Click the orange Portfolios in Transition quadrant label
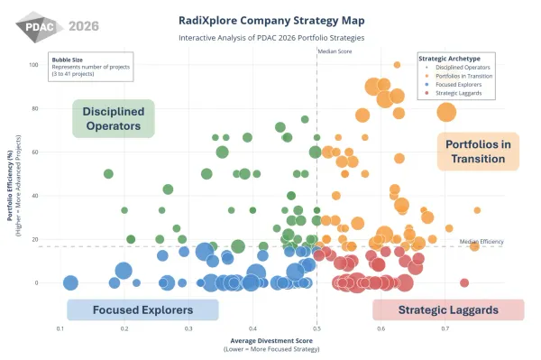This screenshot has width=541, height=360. pos(480,152)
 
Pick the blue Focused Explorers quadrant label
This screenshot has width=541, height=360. pos(142,309)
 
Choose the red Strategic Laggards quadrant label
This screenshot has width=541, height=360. pos(448,309)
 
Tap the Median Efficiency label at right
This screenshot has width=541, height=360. pos(480,241)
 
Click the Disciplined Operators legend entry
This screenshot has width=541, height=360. pos(463,68)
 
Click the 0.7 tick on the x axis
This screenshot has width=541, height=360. pos(445,330)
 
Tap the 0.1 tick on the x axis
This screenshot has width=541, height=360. pos(60,330)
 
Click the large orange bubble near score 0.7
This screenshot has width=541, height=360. pos(446,112)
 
